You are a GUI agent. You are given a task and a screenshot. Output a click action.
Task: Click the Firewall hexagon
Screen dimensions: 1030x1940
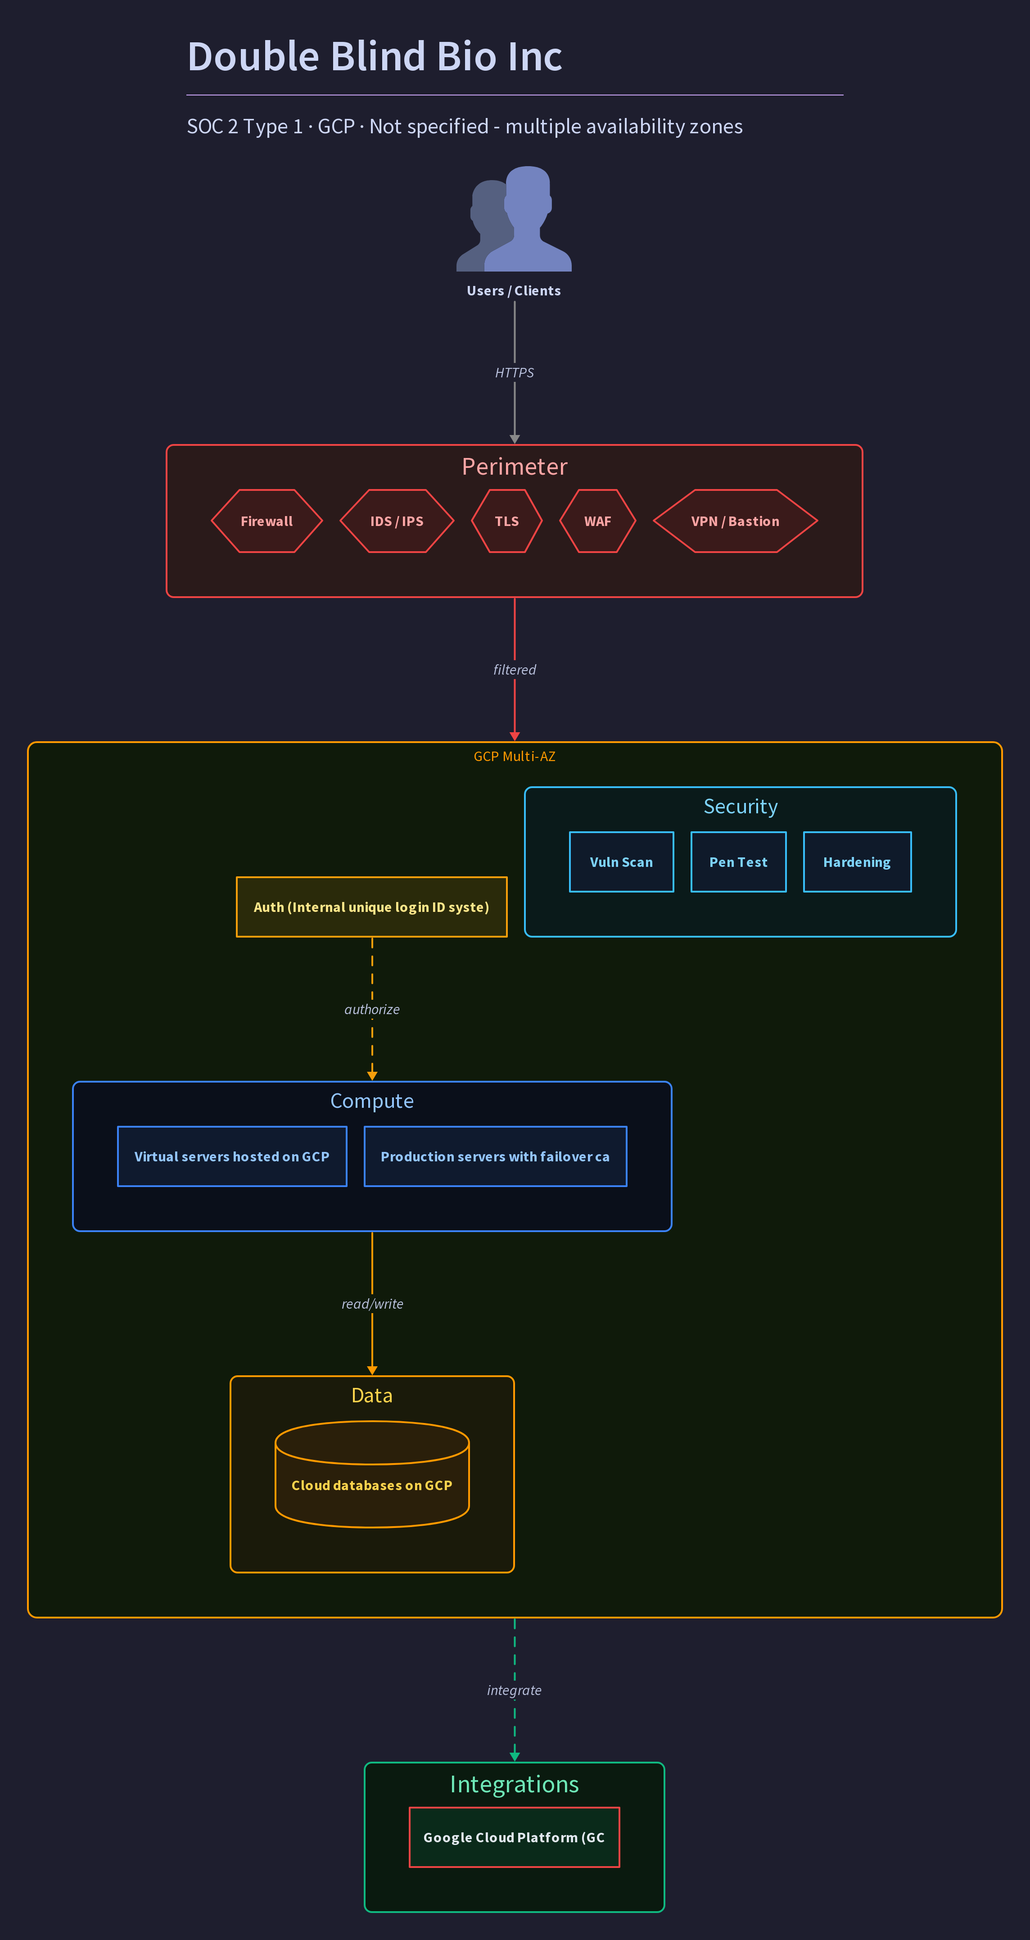[267, 521]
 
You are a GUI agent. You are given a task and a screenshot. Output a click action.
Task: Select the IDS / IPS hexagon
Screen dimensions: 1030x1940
[397, 521]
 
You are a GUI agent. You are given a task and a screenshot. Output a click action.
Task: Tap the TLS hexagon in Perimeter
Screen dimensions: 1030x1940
[507, 521]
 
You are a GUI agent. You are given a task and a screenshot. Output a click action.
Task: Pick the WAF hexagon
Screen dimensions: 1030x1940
[598, 521]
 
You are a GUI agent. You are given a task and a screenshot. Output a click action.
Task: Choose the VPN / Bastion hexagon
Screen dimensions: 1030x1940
[735, 521]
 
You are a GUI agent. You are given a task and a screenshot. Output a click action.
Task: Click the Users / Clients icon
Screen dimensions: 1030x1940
[514, 218]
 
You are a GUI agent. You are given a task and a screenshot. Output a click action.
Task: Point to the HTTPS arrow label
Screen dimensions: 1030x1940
[514, 373]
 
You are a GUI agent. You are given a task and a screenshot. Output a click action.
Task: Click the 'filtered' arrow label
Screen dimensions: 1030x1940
[514, 670]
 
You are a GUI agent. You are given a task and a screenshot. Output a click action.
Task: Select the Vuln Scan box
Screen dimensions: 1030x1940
[621, 861]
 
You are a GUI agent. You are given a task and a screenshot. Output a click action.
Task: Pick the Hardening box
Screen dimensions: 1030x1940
[857, 861]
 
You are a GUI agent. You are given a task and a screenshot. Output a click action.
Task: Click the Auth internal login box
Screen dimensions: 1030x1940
[371, 907]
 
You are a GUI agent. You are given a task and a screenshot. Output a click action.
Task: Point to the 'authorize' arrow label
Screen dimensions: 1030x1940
[372, 1009]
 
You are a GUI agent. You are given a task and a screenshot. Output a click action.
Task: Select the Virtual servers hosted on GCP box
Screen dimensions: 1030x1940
[232, 1156]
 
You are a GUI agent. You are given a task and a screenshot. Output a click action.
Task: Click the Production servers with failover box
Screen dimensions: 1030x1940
[496, 1156]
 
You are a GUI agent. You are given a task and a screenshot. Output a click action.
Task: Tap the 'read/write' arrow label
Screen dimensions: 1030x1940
[372, 1304]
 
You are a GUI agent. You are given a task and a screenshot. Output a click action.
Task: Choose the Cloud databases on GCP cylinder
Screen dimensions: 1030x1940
[372, 1474]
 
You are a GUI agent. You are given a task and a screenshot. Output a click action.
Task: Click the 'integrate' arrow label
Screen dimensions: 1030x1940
[514, 1690]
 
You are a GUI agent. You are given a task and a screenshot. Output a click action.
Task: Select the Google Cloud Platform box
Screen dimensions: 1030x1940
[514, 1837]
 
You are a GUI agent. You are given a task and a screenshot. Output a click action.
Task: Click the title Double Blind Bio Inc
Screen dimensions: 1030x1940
[375, 56]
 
